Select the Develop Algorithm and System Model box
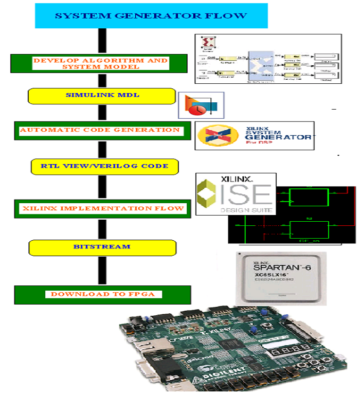pos(100,63)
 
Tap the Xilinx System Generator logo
pos(254,135)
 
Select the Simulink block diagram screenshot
pos(267,59)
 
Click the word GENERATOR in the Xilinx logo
pos(285,137)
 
